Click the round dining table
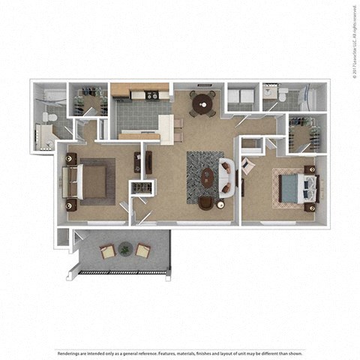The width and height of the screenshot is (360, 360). click(x=201, y=104)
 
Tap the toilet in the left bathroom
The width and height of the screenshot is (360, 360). click(x=47, y=118)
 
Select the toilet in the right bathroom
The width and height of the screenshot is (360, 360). click(x=283, y=95)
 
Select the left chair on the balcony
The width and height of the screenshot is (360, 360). click(x=108, y=251)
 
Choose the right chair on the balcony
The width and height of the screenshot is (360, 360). click(x=142, y=251)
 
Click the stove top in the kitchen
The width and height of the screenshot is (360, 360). click(x=152, y=95)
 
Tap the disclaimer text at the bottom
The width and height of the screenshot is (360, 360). click(x=180, y=331)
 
